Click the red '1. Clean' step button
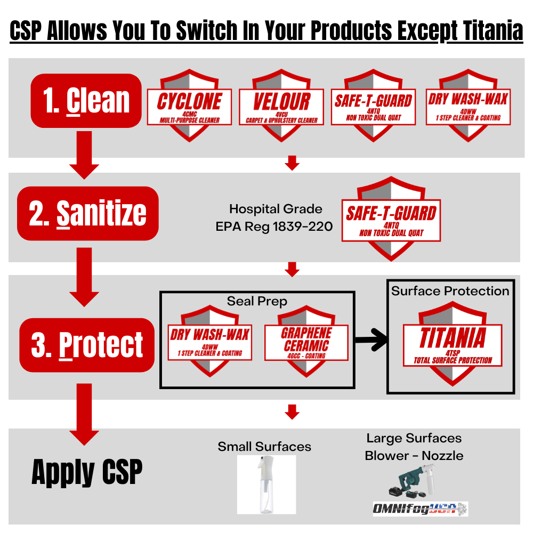(x=86, y=101)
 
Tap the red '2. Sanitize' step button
(x=88, y=214)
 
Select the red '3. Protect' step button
(x=87, y=345)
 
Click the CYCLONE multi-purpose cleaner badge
(x=189, y=106)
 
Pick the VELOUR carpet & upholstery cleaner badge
(x=281, y=106)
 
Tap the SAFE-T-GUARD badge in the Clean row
(x=374, y=106)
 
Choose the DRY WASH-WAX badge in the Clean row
(x=469, y=106)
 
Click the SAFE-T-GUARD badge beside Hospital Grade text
(x=391, y=219)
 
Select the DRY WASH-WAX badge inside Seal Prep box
(x=209, y=341)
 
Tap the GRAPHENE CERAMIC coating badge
(x=306, y=341)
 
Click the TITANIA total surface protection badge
(x=453, y=344)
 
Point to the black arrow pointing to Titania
(x=371, y=340)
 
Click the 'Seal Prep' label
(x=257, y=301)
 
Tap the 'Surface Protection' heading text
(x=450, y=291)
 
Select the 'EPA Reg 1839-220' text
(x=274, y=227)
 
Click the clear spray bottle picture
(x=266, y=484)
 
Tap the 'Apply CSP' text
(x=87, y=472)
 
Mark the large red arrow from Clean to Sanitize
(x=84, y=155)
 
